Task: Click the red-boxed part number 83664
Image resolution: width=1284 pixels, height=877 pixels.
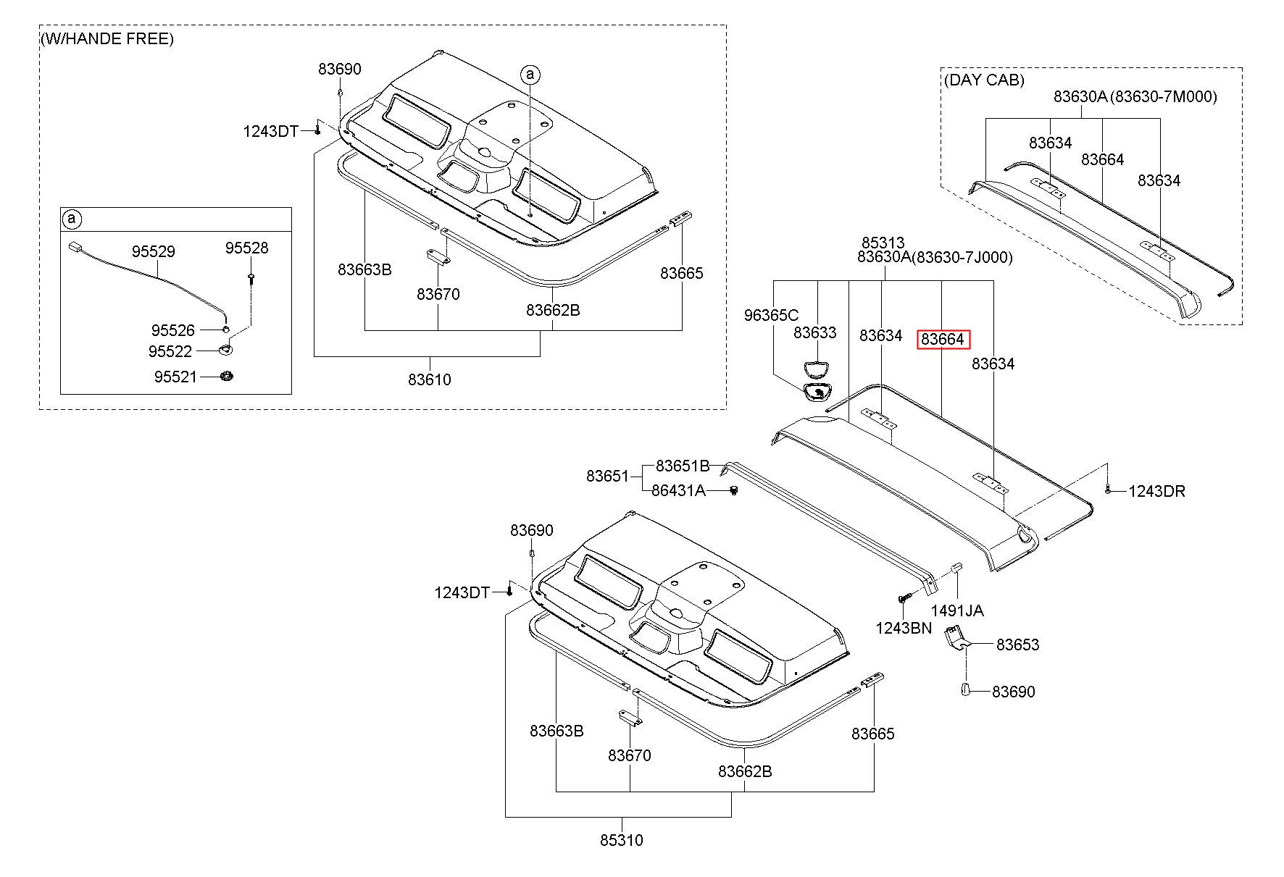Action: tap(943, 339)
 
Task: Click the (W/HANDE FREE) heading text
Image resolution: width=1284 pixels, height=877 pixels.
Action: tap(107, 38)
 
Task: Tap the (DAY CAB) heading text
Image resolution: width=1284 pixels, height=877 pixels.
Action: tap(984, 80)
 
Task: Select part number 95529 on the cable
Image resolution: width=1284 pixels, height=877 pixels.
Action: tap(153, 251)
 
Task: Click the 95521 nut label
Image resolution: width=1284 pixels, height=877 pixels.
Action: tap(175, 377)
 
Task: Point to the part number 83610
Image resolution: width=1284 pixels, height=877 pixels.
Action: tap(429, 379)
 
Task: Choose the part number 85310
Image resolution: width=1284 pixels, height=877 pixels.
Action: tap(622, 840)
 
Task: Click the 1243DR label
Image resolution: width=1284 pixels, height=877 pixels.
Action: tap(1156, 491)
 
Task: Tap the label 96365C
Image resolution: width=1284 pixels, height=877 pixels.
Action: tap(771, 315)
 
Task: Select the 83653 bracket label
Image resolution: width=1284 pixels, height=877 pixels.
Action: tap(1017, 645)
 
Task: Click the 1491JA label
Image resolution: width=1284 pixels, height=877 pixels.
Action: tap(957, 610)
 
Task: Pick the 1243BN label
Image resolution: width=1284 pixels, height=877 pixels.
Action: tap(903, 628)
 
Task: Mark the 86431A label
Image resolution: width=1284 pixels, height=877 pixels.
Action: tap(678, 490)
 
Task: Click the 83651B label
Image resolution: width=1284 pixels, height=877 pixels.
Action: tap(683, 466)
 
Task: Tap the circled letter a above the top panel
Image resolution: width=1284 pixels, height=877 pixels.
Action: tap(530, 74)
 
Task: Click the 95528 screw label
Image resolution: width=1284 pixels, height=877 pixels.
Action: tap(246, 248)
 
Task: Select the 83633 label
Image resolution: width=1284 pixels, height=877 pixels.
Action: tap(814, 332)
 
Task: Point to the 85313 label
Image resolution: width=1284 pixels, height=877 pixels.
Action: tap(883, 243)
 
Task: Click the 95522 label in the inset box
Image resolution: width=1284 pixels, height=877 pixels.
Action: tap(170, 351)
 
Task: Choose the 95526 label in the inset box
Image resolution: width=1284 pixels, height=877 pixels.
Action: tap(173, 330)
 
